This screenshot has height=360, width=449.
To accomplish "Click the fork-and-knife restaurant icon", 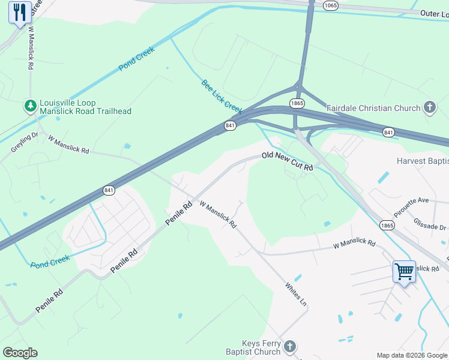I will (x=20, y=13).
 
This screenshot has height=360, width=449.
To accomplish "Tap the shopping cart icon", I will (x=404, y=272).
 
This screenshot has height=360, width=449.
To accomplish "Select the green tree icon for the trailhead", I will (x=30, y=106).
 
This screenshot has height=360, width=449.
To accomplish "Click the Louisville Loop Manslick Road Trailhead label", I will (x=85, y=107).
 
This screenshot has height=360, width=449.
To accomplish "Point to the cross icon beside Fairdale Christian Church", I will (x=429, y=107).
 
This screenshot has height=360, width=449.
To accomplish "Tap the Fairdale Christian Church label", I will (x=373, y=109).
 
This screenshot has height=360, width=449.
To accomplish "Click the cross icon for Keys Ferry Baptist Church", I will (x=290, y=346).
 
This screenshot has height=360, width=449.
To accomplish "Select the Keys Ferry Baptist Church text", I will (x=253, y=347).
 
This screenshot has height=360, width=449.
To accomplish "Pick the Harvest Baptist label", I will (x=422, y=161).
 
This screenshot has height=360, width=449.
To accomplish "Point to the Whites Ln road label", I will (x=297, y=295).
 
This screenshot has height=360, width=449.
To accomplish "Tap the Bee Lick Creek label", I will (x=221, y=96).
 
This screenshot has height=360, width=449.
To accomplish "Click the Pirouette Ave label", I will (x=411, y=207).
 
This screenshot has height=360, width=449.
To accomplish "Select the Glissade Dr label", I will (x=430, y=224).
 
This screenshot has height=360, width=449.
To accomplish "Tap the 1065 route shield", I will (x=330, y=5).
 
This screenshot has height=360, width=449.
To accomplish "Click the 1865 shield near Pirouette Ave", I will (x=387, y=225).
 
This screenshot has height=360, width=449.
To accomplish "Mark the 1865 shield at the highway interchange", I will (x=297, y=103).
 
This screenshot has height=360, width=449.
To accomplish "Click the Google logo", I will (x=20, y=353).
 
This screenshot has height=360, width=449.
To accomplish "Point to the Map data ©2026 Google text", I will (x=412, y=355).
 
